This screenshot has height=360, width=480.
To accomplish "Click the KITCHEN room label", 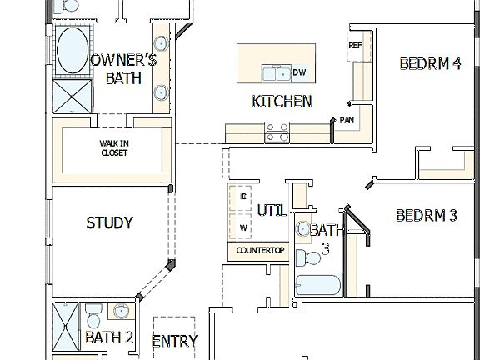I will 282,102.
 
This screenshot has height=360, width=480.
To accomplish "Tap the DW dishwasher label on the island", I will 299,73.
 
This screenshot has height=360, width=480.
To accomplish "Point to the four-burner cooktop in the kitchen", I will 277,131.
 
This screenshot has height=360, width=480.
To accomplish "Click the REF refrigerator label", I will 356,46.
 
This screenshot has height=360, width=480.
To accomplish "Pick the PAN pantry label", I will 347,120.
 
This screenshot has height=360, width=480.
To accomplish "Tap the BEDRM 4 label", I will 430,63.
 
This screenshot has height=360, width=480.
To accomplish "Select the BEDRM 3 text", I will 426,216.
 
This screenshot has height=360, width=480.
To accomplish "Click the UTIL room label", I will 272,211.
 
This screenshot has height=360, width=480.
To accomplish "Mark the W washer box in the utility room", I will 244,227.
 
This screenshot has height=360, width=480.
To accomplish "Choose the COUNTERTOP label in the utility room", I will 260,250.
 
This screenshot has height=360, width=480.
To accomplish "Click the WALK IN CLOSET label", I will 114,147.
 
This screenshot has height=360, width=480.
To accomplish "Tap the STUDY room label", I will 109,223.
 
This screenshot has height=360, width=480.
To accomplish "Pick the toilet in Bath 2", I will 93,316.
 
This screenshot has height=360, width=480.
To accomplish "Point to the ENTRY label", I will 175,341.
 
